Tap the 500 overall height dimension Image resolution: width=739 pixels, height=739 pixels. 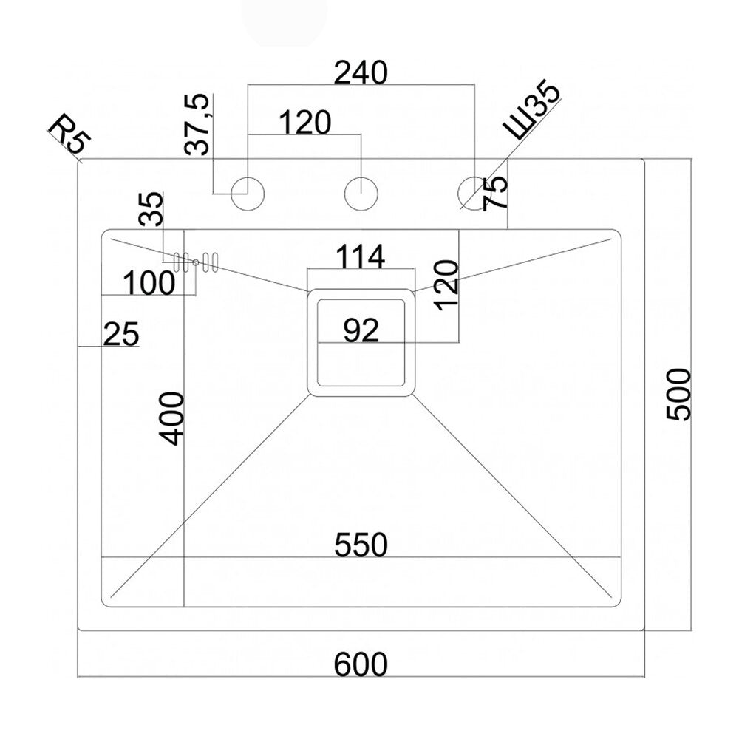coord(678,395)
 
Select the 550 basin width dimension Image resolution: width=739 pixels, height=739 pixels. coord(361,545)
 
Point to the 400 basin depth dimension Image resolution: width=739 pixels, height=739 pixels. coord(171,418)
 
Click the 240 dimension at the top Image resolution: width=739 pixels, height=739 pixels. coord(361,72)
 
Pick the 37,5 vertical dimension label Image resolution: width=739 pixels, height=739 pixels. coord(197,124)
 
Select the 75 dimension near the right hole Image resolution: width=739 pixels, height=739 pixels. coord(496,193)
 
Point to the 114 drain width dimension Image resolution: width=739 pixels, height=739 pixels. coord(361,257)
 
